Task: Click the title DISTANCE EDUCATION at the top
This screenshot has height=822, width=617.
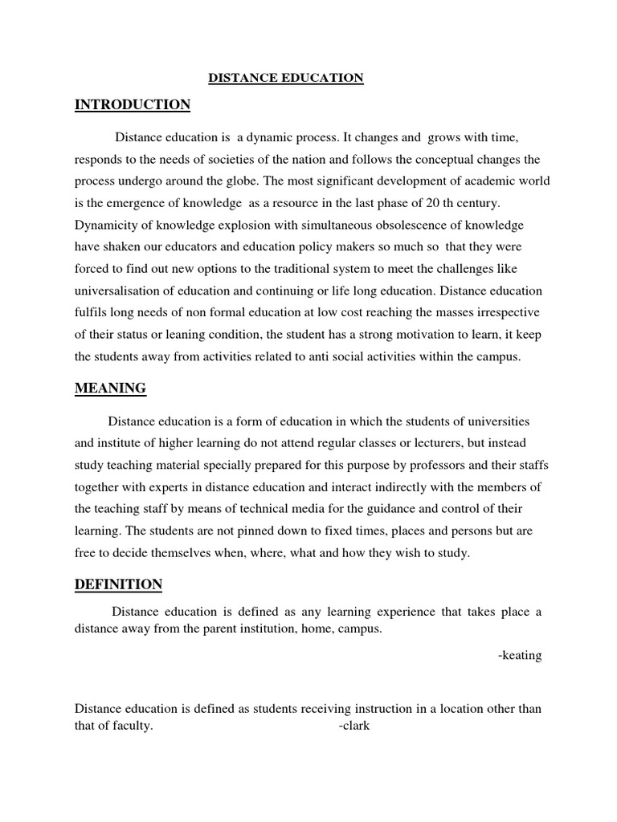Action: (x=286, y=78)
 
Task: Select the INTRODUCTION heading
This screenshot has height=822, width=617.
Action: (x=133, y=105)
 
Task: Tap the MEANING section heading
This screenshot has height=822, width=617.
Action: (x=110, y=389)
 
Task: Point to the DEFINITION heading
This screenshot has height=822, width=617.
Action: (x=118, y=585)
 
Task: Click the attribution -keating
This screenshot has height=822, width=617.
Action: (x=520, y=656)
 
